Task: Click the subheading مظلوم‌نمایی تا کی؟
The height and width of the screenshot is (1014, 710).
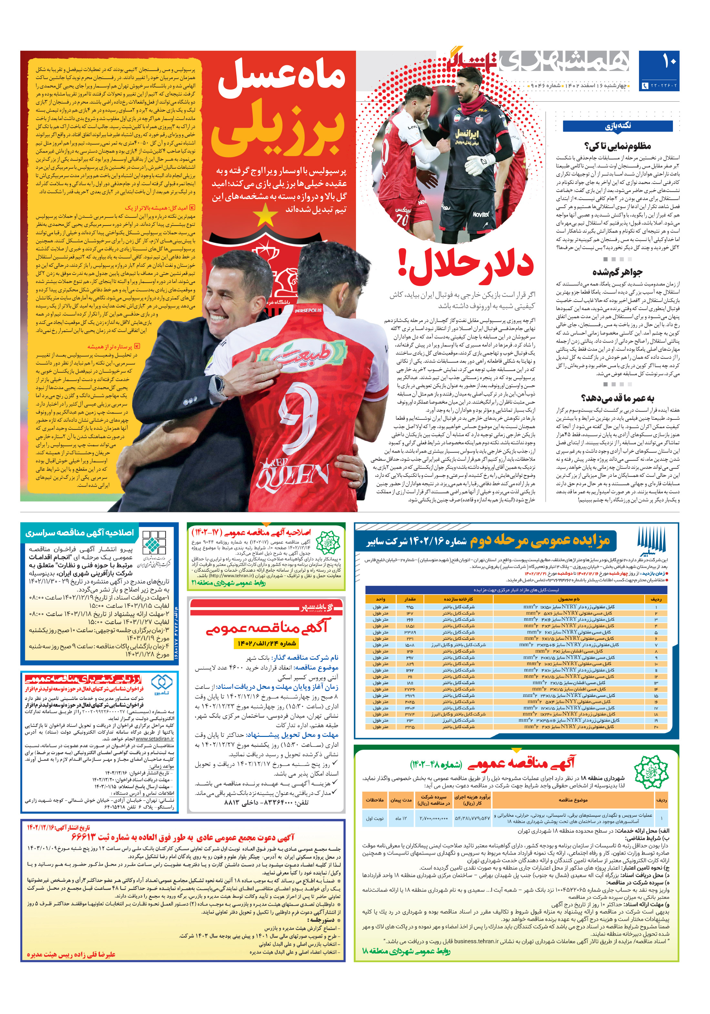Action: pyautogui.click(x=617, y=146)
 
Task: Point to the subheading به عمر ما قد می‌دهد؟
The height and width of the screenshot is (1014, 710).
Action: pyautogui.click(x=617, y=398)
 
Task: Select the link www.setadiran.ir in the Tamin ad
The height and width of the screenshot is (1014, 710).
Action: pyautogui.click(x=155, y=738)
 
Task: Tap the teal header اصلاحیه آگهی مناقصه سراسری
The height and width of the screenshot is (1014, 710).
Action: pyautogui.click(x=79, y=533)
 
